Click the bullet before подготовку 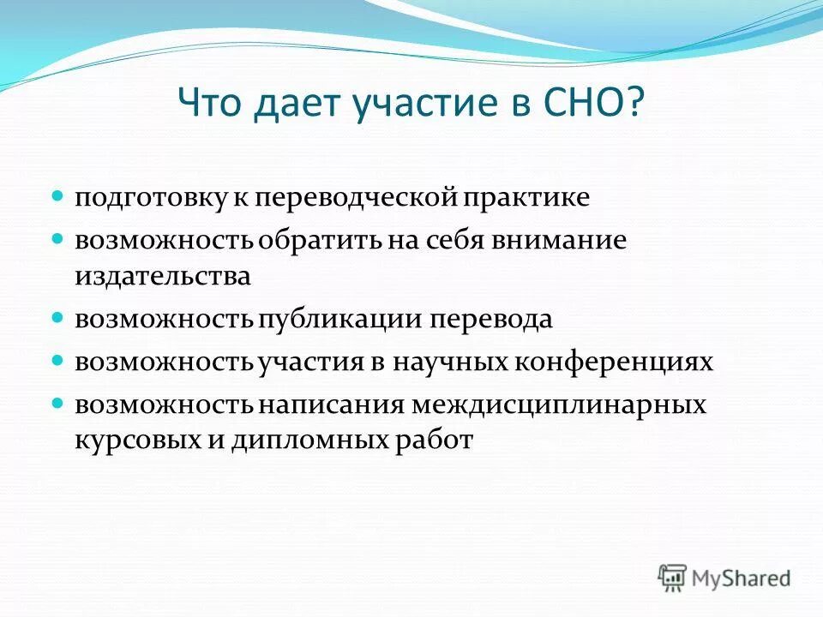click(58, 196)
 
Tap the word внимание click(561, 241)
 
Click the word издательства click(162, 276)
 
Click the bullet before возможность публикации click(58, 317)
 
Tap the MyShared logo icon click(672, 578)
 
